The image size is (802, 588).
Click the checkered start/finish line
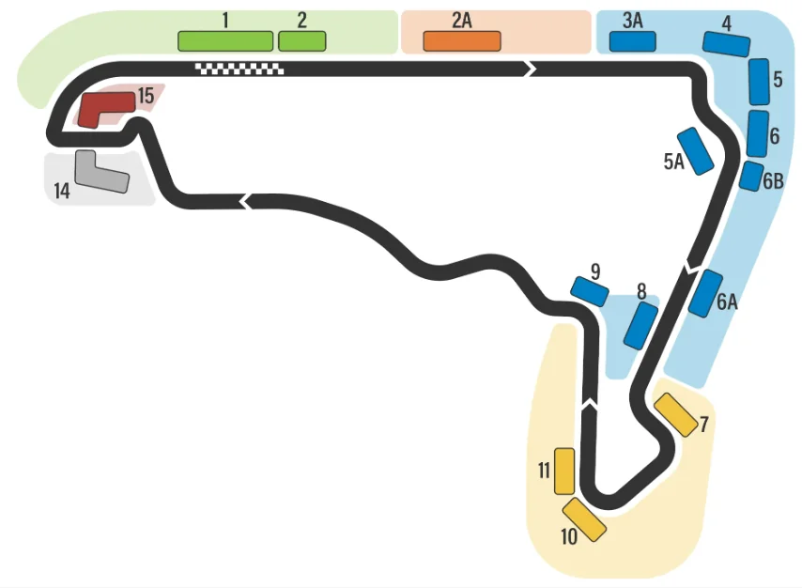(239, 68)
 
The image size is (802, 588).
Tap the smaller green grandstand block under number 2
(301, 41)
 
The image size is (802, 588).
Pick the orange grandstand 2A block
(461, 41)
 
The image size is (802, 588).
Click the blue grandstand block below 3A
(632, 41)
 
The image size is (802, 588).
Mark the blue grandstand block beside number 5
(759, 82)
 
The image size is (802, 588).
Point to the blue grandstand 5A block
(698, 151)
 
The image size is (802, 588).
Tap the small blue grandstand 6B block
(751, 176)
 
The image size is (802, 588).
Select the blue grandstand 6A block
(705, 293)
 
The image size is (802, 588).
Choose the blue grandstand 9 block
(590, 292)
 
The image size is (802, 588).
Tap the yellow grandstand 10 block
(585, 519)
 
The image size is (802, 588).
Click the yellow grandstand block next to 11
(564, 471)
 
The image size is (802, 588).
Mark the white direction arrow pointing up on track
(590, 404)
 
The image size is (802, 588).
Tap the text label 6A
(727, 302)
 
